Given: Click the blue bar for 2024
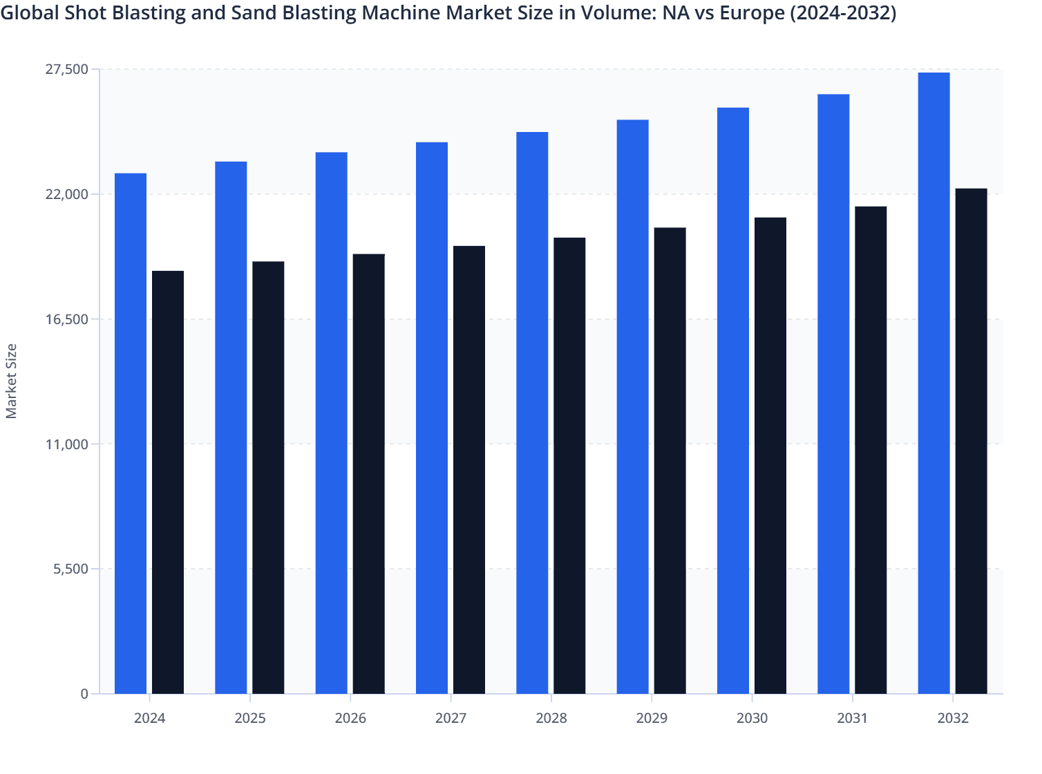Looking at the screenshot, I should point(131,433).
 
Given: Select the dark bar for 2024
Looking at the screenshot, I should point(168,482).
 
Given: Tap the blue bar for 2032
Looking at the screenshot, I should point(934,383).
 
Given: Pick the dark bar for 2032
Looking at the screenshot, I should point(971,441).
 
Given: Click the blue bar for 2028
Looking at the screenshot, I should point(532,413).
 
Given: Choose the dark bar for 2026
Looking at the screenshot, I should point(369,474).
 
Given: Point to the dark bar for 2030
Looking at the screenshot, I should point(770,455).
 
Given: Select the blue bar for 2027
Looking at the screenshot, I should point(432,418).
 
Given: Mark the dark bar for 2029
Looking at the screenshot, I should point(670,460).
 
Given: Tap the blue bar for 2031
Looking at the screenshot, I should point(833,394).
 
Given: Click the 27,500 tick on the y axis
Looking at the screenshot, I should point(67,69).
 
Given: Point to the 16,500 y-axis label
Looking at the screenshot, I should point(67,319).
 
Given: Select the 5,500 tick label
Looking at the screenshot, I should point(70,569).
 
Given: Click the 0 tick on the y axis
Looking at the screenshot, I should point(84,694).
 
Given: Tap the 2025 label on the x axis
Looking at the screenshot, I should point(250,718).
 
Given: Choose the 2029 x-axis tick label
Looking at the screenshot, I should point(652,718).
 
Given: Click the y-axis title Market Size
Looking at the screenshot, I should point(11,381).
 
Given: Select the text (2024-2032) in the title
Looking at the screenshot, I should point(843,13).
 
